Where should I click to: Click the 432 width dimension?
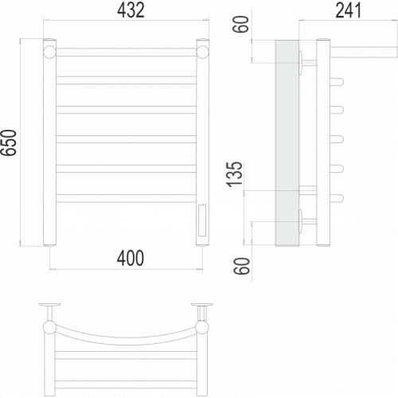pyautogui.click(x=131, y=10)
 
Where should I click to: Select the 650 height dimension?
pyautogui.click(x=9, y=142)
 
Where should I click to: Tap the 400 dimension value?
pyautogui.click(x=131, y=258)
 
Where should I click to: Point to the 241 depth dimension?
pyautogui.click(x=349, y=10)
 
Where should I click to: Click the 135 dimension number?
pyautogui.click(x=235, y=174)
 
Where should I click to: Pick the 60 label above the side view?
pyautogui.click(x=241, y=24)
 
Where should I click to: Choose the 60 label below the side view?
pyautogui.click(x=242, y=266)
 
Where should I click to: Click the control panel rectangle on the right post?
pyautogui.click(x=201, y=220)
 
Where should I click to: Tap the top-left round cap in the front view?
pyautogui.click(x=49, y=52)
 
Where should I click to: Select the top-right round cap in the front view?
pyautogui.click(x=203, y=52)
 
